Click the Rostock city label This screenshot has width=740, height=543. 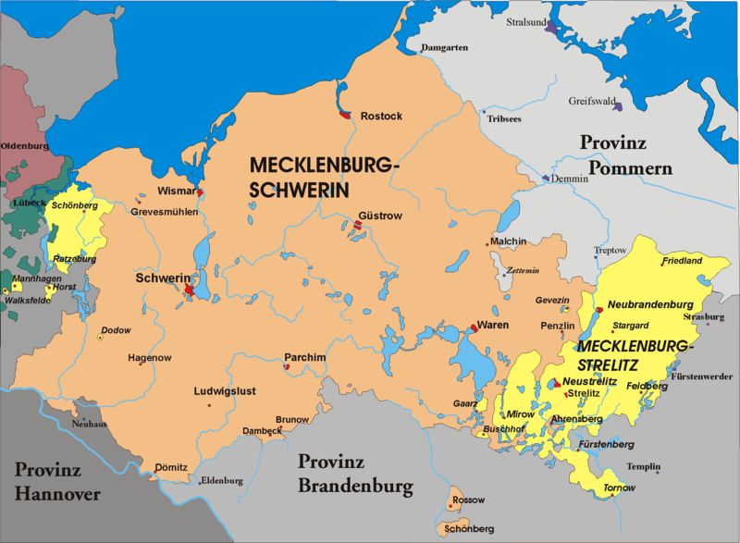[x=381, y=117]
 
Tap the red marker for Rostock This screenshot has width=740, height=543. [x=344, y=116]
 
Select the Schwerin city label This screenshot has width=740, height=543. [x=162, y=278]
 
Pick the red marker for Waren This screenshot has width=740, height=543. [x=474, y=327]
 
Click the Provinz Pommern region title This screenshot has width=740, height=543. [x=626, y=155]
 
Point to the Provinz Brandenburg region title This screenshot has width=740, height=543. [x=355, y=474]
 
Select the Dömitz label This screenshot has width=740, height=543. [x=171, y=467]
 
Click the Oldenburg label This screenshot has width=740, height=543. [x=24, y=146]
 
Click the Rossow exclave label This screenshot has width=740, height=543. [x=469, y=500]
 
